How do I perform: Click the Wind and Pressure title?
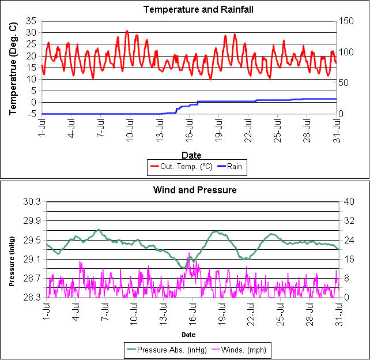195,190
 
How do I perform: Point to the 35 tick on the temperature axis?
31,21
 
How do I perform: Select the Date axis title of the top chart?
191,155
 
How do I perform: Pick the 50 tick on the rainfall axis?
343,83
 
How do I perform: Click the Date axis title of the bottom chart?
188,335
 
